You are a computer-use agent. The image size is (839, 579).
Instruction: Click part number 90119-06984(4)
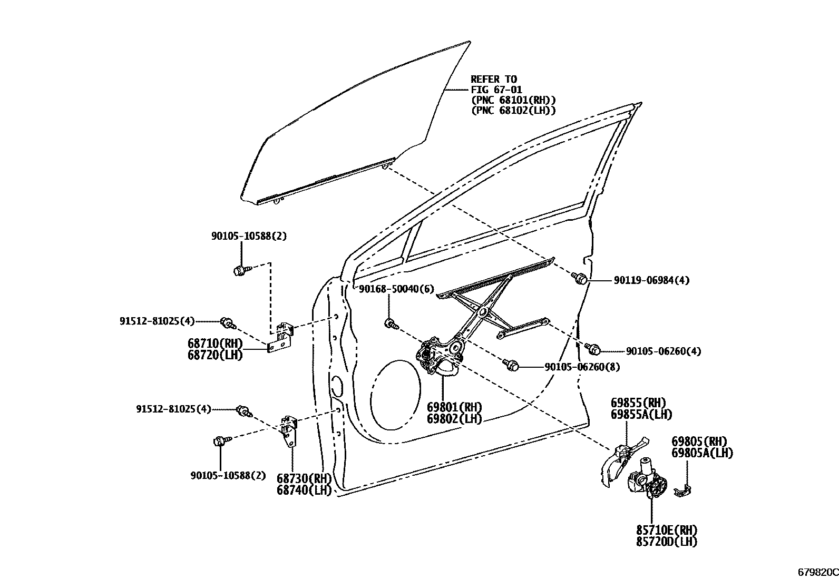tap(651, 281)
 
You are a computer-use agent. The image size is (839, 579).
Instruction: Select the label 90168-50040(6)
tap(396, 289)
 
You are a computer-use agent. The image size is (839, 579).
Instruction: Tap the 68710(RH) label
tap(214, 344)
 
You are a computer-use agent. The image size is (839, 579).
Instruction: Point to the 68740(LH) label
tap(304, 490)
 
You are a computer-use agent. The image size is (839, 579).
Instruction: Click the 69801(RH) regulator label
tap(454, 407)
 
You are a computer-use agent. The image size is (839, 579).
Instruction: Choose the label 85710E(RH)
tap(666, 530)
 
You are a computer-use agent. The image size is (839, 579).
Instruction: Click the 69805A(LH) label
tap(702, 453)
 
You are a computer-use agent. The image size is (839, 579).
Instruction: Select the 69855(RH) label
tap(638, 404)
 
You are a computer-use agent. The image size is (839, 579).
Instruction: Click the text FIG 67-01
tap(496, 90)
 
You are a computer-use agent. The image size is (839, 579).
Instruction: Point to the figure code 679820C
tap(817, 572)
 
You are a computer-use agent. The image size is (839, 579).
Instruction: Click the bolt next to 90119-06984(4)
tap(580, 278)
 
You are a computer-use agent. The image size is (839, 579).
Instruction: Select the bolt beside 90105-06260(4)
tap(593, 348)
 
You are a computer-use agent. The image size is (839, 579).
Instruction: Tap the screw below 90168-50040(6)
tap(390, 323)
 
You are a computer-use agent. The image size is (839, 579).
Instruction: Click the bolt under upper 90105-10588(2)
tap(239, 271)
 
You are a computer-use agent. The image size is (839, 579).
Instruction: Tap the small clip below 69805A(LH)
tap(685, 490)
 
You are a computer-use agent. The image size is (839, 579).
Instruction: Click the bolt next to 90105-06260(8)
tap(512, 365)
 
